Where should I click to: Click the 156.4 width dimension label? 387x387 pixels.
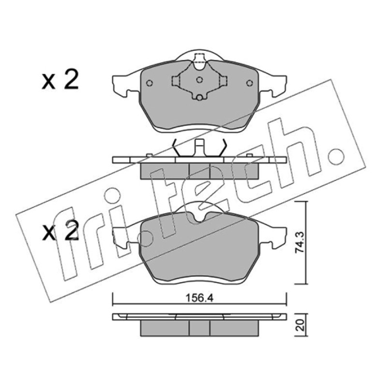click(199, 298)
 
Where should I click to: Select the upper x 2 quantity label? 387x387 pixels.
click(60, 79)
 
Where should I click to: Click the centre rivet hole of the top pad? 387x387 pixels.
click(199, 80)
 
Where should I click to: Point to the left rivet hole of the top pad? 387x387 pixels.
click(149, 83)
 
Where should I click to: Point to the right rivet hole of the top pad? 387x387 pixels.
click(250, 83)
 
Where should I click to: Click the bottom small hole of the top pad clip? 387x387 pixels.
click(199, 98)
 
